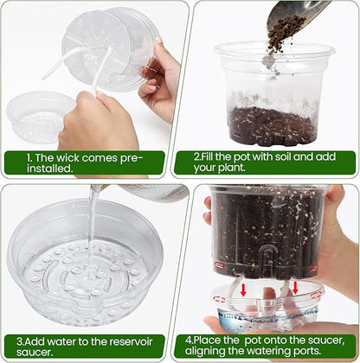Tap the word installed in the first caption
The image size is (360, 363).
[x=48, y=170]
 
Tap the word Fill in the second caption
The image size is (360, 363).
[x=215, y=158]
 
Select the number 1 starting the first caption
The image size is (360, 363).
[x=29, y=158]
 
